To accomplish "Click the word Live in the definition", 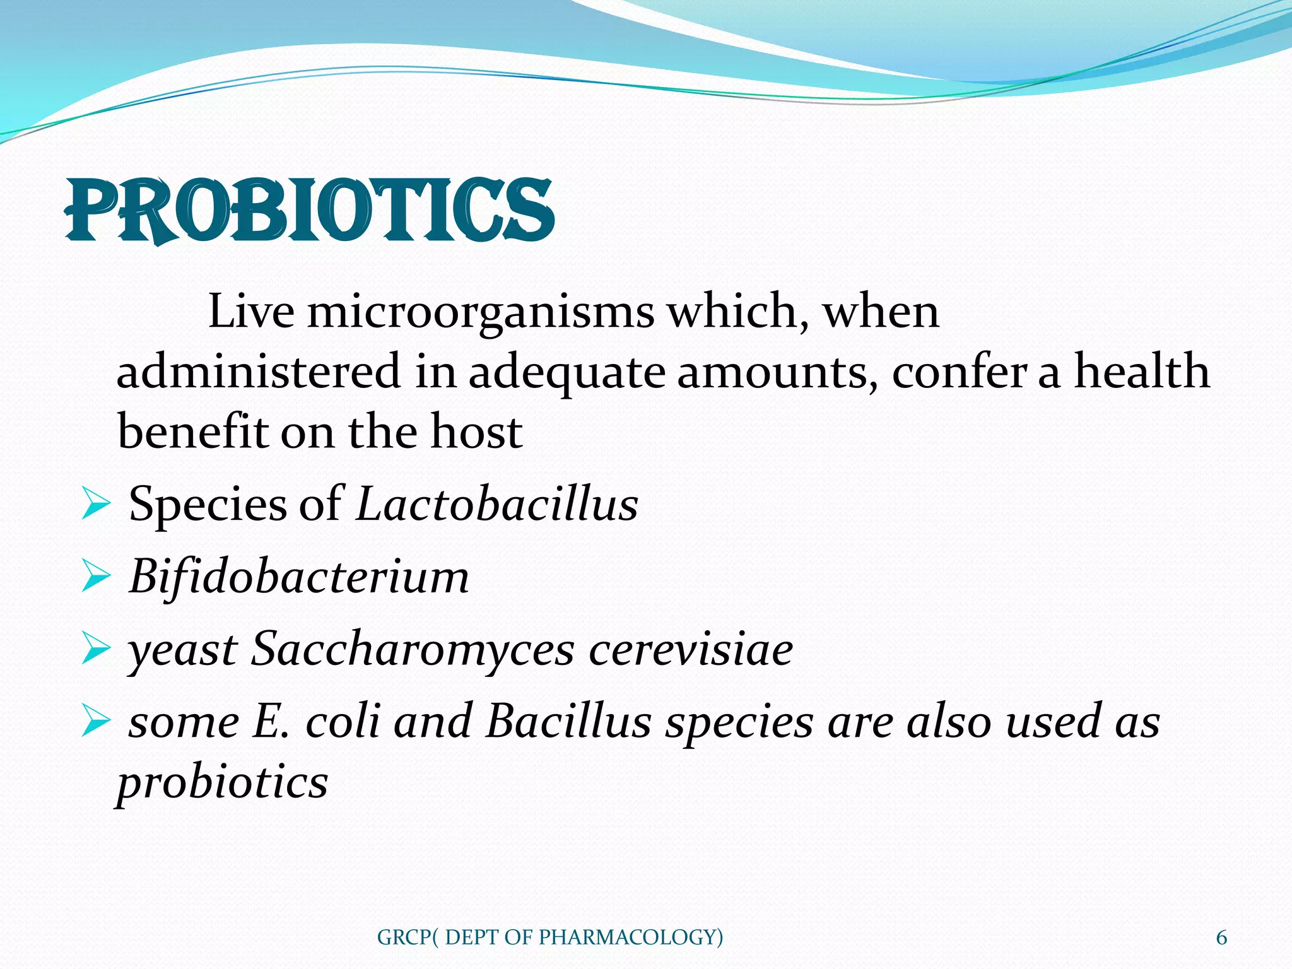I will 250,312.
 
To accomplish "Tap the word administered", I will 259,372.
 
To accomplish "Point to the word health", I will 1142,371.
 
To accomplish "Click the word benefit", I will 192,432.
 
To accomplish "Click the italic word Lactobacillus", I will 496,504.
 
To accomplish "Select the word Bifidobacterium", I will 299,577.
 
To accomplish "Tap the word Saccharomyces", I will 413,650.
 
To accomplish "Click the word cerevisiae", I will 690,650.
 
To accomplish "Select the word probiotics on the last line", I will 223,783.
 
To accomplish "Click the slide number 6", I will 1221,937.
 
